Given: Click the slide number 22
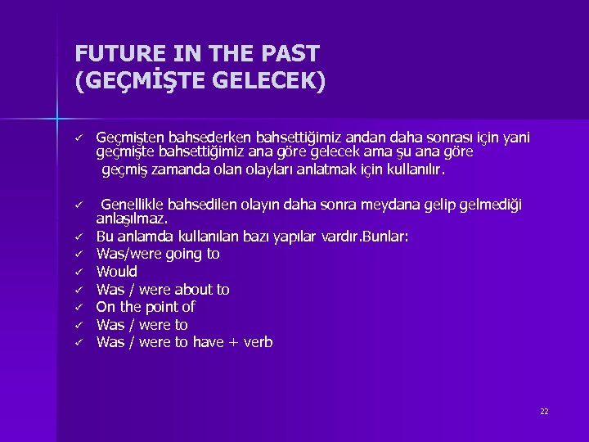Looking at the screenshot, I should click(544, 411).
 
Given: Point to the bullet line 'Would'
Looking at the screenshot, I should click(117, 272).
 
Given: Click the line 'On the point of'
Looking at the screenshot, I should click(146, 307).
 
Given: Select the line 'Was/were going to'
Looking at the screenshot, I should click(158, 254).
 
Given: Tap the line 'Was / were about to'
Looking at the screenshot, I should click(163, 290).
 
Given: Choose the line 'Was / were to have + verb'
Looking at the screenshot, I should click(184, 342).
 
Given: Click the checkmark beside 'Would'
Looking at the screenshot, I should click(80, 272).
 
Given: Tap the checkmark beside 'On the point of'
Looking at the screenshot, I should click(80, 307).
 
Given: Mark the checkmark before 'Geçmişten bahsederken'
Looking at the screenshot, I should click(80, 138).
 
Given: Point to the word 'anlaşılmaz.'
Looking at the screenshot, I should click(132, 219).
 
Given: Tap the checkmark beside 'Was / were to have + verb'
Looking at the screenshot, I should click(80, 342).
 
